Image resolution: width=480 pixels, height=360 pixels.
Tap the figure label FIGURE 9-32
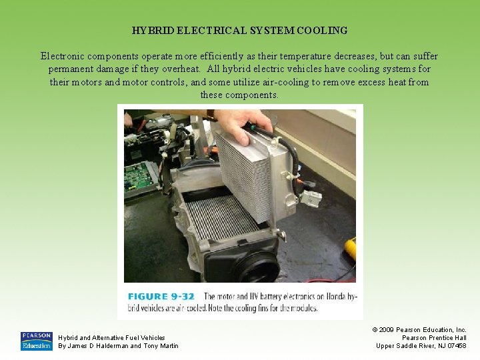tap(161, 296)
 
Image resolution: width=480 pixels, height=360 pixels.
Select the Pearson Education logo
tap(37, 341)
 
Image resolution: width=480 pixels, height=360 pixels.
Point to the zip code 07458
tap(457, 346)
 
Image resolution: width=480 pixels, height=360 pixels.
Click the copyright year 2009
tap(386, 330)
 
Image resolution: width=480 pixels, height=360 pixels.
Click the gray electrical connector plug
tap(311, 198)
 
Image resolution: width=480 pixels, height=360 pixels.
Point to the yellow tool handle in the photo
tap(351, 249)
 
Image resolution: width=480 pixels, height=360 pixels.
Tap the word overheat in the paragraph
tap(181, 69)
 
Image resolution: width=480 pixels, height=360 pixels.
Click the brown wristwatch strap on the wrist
tap(211, 115)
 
